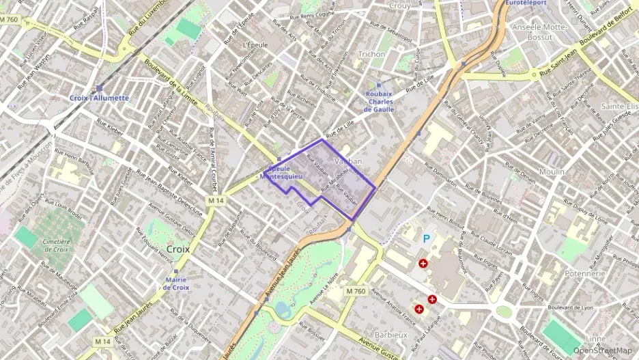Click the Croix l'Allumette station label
point(99,98)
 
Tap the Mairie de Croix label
point(175,283)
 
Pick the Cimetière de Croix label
point(56,245)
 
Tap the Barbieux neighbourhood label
point(391,335)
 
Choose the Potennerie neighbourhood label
point(585,273)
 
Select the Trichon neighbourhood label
point(372,53)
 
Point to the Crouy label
point(399,5)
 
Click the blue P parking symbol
point(427,238)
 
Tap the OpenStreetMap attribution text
point(602,350)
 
